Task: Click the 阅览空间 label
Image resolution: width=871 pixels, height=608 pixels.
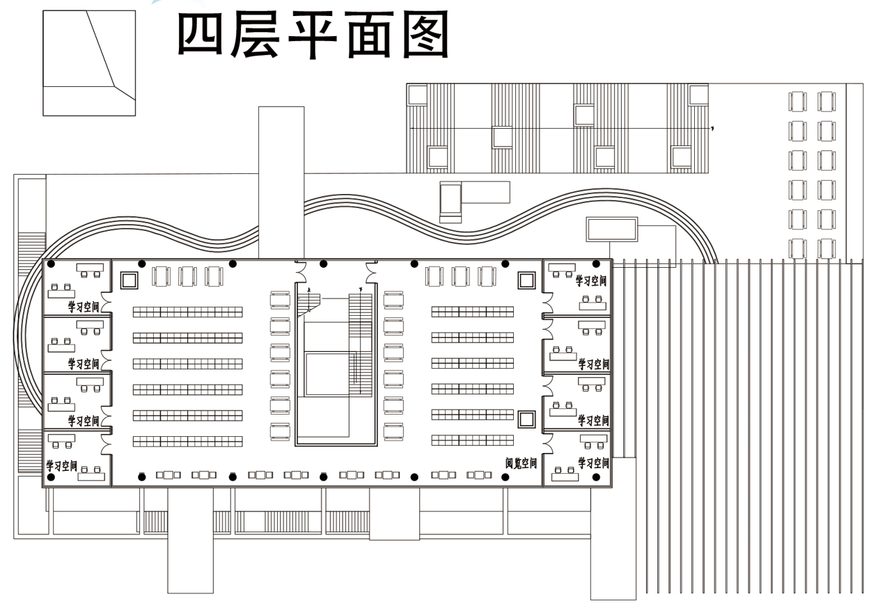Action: click(521, 463)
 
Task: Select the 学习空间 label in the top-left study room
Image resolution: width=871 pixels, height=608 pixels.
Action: click(83, 307)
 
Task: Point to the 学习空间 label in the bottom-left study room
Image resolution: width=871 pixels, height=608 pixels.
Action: click(61, 465)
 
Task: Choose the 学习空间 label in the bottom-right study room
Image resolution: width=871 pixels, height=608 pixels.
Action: click(594, 463)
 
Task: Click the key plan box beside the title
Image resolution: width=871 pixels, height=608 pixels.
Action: click(89, 63)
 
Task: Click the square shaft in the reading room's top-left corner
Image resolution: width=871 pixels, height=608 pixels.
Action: click(130, 280)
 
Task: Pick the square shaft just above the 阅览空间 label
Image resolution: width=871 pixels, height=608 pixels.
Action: click(527, 419)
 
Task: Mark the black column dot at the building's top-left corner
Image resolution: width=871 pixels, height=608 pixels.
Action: click(52, 263)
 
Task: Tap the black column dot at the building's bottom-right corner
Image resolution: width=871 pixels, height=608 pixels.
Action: click(596, 477)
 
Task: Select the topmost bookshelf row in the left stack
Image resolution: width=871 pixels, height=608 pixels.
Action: click(188, 311)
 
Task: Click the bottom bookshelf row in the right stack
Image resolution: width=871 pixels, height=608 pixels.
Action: click(472, 440)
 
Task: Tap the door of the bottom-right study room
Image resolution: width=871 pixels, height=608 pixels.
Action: click(548, 444)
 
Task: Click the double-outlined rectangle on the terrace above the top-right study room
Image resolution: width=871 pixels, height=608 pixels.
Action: click(612, 228)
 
